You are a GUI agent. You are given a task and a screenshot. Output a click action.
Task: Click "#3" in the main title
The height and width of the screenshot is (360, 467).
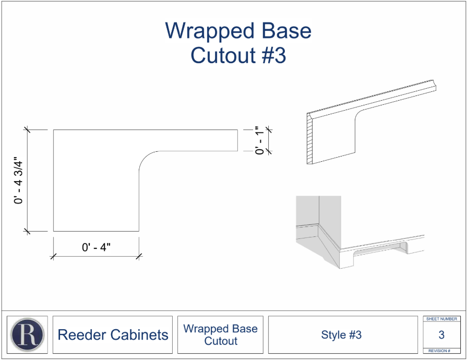click(274, 55)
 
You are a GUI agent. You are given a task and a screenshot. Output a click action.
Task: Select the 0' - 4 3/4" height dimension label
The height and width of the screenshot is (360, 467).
click(18, 180)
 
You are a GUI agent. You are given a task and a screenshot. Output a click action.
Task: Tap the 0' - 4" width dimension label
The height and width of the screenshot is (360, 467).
click(96, 247)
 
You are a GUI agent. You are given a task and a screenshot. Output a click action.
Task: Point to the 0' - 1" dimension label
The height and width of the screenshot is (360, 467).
click(260, 140)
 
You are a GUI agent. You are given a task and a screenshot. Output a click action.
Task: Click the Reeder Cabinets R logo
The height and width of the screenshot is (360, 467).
click(28, 334)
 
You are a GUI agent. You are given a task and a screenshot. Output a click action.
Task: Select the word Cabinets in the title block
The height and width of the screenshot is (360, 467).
click(138, 334)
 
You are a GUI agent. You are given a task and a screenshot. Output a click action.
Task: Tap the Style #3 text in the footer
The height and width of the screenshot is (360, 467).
click(341, 334)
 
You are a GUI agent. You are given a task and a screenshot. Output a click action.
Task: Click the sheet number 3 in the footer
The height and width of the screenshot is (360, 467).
click(441, 334)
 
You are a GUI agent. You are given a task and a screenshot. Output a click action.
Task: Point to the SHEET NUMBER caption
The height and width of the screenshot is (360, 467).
click(441, 319)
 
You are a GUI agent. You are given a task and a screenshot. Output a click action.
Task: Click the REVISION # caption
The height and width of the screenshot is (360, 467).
click(439, 351)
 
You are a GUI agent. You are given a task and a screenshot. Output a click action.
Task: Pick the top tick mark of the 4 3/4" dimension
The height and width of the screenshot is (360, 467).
click(27, 129)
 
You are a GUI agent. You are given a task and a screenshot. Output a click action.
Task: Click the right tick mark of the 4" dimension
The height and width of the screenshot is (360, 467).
click(139, 256)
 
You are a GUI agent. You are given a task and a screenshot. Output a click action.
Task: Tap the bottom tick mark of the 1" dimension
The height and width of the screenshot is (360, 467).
click(269, 151)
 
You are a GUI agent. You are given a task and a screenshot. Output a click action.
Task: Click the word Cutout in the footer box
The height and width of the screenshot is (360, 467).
click(221, 341)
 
